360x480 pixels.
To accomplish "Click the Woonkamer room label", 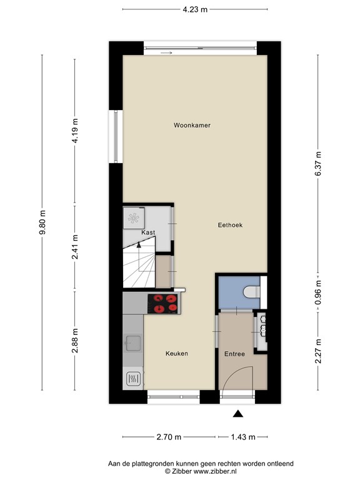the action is point(192,125).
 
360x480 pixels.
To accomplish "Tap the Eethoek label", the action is point(230,225).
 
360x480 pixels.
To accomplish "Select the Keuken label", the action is point(177,354).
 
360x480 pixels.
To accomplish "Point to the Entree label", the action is point(234,354).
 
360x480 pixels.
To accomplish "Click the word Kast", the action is point(148,232).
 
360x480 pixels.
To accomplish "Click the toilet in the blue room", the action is point(252,292).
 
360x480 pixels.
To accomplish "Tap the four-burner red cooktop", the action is point(164,304).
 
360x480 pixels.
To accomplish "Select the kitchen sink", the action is point(134,343).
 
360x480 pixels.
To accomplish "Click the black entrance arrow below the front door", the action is point(238,414).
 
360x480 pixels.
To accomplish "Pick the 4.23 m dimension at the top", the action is point(195,9).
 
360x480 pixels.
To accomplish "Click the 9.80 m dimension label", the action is point(42,222).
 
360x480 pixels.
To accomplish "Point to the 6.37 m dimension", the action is point(318,164).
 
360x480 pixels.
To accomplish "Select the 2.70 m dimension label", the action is point(169,437).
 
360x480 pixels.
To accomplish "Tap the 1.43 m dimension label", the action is point(243,437).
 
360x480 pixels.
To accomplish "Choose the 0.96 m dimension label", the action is point(318,292).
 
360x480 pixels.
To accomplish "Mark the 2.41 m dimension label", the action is point(75,247).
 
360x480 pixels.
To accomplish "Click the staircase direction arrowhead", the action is point(139,244).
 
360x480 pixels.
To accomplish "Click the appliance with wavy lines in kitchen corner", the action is point(134,379).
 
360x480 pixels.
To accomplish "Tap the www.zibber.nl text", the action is point(215,471).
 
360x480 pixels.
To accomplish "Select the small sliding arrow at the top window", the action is point(166,53).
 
